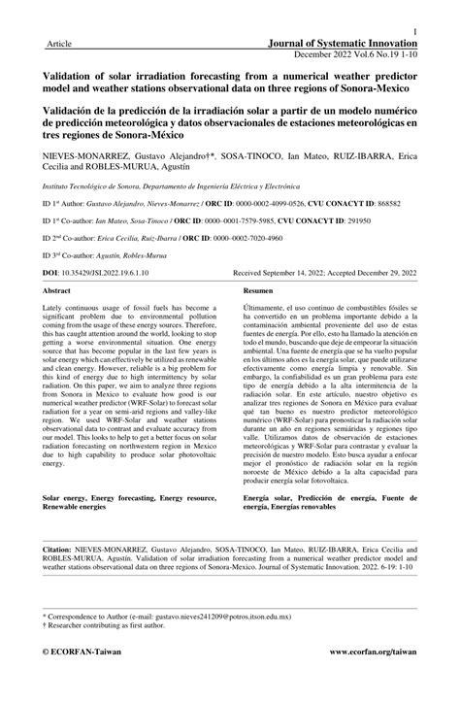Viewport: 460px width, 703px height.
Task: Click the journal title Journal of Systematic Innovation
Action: point(346,45)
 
